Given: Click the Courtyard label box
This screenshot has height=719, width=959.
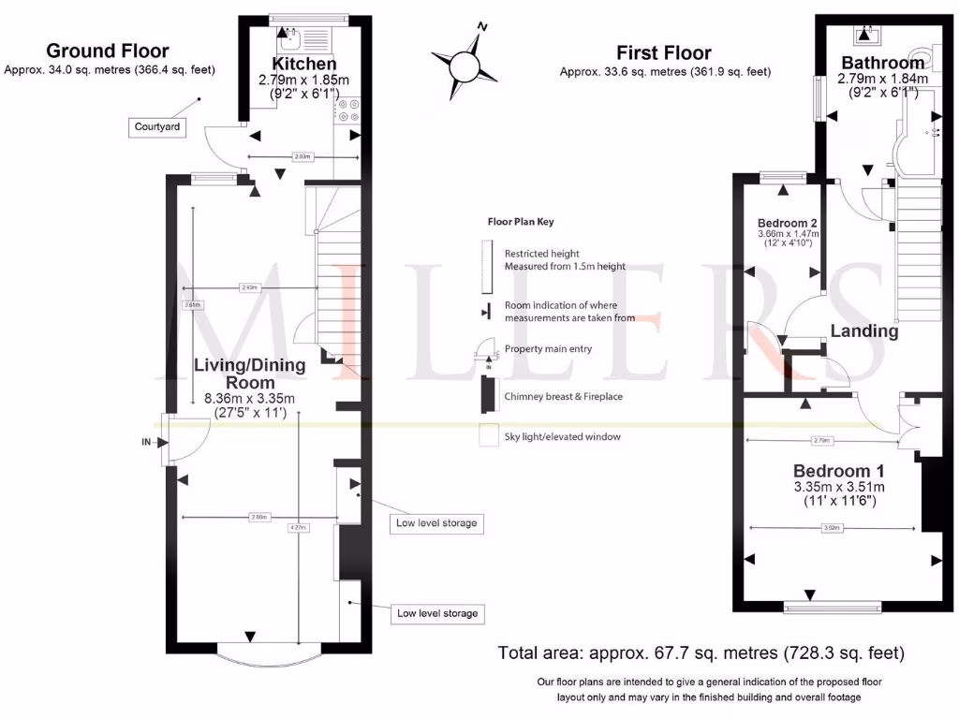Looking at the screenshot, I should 156,126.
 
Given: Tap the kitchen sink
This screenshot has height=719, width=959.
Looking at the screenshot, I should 286,37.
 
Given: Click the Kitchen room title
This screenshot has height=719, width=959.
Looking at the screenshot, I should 297,64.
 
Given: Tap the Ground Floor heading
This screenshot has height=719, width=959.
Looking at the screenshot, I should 108,51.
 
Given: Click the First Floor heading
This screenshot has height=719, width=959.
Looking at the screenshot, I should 664,53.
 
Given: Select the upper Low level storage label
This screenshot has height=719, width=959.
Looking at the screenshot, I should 436,522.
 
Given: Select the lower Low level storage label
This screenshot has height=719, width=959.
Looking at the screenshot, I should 437,613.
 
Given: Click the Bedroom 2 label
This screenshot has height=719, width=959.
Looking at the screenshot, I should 788,223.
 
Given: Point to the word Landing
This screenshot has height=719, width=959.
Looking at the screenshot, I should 864,330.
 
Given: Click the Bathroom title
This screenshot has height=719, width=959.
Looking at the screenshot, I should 882,63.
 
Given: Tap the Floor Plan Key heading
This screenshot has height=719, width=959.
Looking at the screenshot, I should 521,222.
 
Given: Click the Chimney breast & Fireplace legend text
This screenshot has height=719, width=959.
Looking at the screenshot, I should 563,397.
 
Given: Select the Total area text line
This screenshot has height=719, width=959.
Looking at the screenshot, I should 701,652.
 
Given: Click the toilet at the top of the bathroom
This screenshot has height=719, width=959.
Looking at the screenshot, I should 863,36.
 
